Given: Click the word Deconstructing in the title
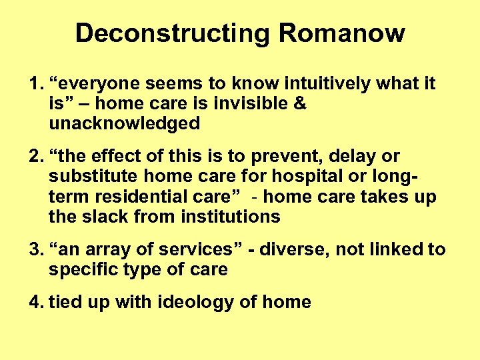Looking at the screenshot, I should pyautogui.click(x=172, y=33).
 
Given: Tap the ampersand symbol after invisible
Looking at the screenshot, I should pyautogui.click(x=299, y=104).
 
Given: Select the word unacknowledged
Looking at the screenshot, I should pyautogui.click(x=124, y=123).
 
